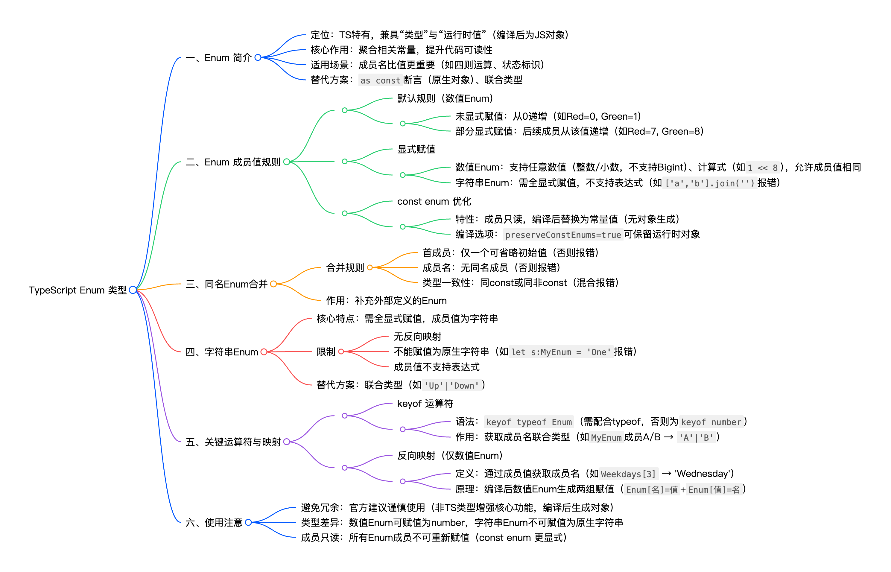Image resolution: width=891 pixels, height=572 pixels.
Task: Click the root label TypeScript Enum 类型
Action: click(x=77, y=290)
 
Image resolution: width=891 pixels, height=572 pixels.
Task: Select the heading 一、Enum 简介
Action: click(x=218, y=58)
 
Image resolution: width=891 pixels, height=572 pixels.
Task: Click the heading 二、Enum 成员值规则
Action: click(x=233, y=162)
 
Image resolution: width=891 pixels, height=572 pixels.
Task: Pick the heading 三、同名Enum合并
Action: click(x=226, y=284)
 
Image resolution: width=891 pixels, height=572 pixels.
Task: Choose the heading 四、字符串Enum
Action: click(x=222, y=352)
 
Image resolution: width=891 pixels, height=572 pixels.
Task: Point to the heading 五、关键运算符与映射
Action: click(x=233, y=442)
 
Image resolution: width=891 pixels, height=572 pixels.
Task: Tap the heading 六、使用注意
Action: click(x=214, y=523)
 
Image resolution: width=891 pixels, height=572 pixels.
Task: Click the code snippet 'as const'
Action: click(x=380, y=80)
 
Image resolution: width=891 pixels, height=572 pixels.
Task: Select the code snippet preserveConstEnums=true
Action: click(x=563, y=235)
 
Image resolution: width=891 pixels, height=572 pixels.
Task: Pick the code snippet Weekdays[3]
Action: click(x=628, y=474)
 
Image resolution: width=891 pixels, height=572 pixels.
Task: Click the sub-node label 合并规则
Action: click(x=345, y=268)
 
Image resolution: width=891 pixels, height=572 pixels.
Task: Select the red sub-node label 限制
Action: click(x=326, y=352)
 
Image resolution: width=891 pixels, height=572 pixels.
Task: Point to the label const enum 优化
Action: click(x=434, y=201)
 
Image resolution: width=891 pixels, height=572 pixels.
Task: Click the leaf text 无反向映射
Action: click(x=417, y=337)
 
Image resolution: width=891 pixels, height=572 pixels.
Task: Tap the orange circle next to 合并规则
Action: click(x=370, y=267)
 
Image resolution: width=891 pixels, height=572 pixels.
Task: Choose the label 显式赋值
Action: click(x=416, y=149)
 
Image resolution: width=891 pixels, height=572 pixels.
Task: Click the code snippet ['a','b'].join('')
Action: click(x=709, y=183)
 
